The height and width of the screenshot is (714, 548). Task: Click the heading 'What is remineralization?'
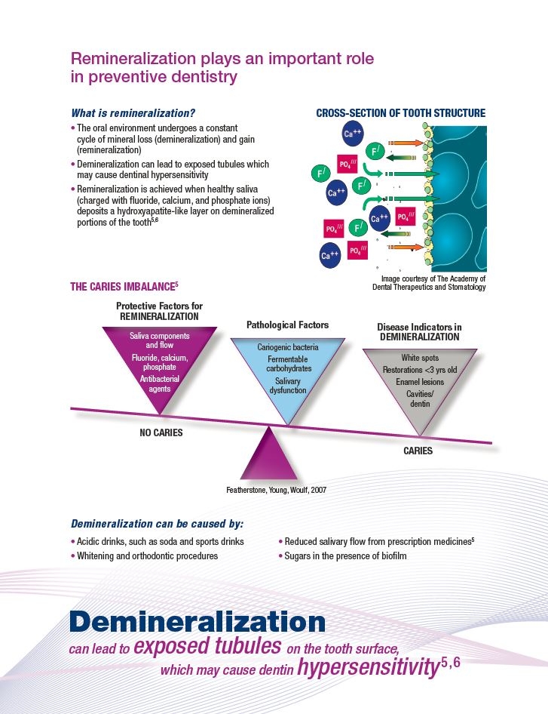133,113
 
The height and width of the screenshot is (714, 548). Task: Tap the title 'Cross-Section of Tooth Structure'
401,113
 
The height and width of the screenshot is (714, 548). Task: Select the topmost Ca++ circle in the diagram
353,134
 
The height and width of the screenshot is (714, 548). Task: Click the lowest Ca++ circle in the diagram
329,255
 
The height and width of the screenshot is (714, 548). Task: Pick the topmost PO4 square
347,164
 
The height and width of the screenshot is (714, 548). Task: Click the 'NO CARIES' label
161,432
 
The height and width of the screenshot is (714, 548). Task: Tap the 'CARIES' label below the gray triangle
418,451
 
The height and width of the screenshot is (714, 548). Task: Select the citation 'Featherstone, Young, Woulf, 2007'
276,490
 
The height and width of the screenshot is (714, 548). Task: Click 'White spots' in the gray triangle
420,358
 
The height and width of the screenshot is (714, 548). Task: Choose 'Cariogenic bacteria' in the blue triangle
288,347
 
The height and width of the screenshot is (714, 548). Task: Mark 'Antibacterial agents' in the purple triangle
160,384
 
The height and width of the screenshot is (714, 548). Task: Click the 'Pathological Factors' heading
287,325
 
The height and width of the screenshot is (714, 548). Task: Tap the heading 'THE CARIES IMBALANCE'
124,286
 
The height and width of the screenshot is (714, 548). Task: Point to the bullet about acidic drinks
158,542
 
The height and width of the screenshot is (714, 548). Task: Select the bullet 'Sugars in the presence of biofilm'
343,556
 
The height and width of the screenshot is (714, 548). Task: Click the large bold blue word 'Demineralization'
197,622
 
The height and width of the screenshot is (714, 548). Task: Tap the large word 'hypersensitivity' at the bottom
368,667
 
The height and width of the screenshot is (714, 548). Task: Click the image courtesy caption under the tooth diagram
429,283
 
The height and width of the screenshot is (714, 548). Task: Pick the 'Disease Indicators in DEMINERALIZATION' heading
419,332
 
